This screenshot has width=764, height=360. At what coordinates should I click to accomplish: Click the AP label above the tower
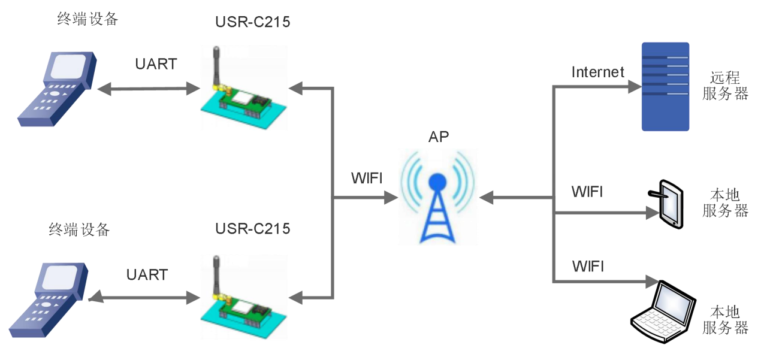(x=439, y=137)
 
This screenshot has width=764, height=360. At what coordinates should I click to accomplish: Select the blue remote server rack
(x=665, y=86)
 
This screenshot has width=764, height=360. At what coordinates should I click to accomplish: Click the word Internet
(x=597, y=72)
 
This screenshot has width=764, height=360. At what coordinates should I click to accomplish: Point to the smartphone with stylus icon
(x=667, y=202)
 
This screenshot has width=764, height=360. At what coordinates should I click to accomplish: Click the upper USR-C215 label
(x=252, y=23)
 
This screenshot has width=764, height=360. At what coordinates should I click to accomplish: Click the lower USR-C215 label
(x=252, y=229)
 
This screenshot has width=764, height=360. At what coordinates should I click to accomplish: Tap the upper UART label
(x=156, y=64)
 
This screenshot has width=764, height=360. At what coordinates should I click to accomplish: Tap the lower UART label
(x=147, y=275)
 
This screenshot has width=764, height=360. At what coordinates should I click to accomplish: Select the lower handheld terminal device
(x=49, y=300)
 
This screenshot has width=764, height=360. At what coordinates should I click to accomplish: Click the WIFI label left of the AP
(x=367, y=179)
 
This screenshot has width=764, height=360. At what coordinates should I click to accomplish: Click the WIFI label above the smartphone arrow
(x=587, y=192)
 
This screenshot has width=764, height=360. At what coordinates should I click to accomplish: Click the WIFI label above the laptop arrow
(x=588, y=266)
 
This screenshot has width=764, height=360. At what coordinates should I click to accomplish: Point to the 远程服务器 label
(x=725, y=86)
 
